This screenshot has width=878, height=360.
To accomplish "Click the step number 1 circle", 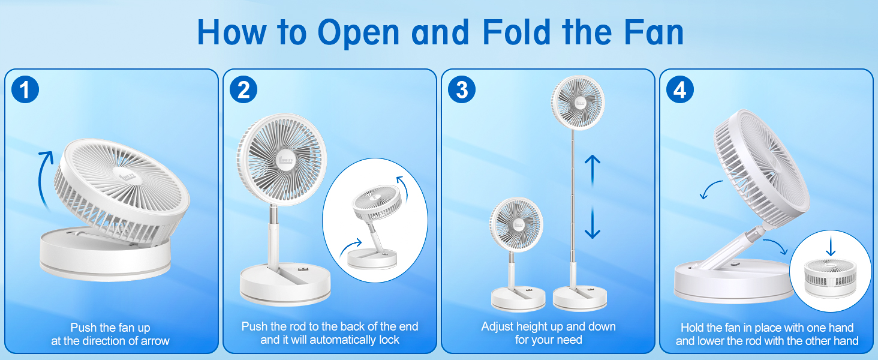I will tap(25, 90).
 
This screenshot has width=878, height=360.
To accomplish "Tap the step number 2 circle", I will tap(243, 90).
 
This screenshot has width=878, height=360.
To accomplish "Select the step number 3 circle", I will tap(461, 90).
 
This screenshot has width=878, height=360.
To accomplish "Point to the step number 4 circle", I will tap(679, 90).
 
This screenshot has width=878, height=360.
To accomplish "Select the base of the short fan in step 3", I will tap(518, 299).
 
